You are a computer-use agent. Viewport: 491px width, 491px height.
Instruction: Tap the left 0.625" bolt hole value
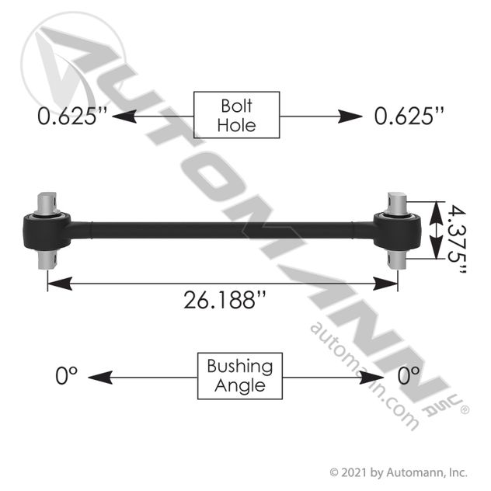click(72, 116)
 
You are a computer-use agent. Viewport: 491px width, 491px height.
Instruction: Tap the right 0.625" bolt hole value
click(409, 116)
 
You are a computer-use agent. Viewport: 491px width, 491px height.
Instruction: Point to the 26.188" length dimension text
click(225, 300)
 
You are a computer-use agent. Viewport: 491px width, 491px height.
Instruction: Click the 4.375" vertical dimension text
click(457, 239)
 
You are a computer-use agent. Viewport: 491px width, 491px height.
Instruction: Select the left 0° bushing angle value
click(66, 375)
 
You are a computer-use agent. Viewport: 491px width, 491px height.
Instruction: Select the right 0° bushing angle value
click(409, 375)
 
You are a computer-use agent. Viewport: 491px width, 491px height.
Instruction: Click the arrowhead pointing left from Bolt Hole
click(124, 117)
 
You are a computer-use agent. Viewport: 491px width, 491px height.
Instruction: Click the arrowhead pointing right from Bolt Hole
click(350, 117)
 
